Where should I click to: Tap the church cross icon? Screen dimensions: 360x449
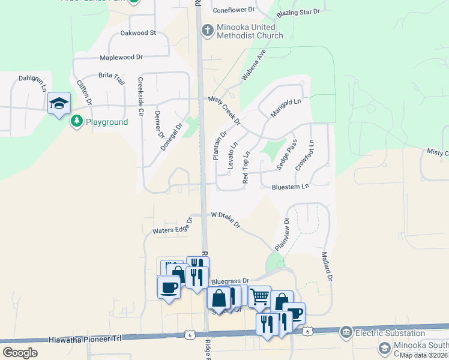pos(207,31)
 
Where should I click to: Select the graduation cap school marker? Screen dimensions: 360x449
pos(59,104)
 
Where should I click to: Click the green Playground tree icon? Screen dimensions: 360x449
pos(76,122)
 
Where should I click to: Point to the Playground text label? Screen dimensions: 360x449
pos(107,122)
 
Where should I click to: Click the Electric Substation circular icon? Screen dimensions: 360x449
pos(346,332)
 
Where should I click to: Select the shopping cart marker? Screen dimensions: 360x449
pos(259,295)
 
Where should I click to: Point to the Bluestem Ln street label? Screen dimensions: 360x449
pos(290,187)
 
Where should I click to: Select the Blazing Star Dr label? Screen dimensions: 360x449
pos(298,13)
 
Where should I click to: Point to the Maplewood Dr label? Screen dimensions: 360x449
pos(121,58)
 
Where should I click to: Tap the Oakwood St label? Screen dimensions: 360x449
pos(138,33)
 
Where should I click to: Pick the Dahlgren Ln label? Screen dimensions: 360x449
pos(32,83)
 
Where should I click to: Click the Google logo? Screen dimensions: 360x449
pos(20,352)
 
